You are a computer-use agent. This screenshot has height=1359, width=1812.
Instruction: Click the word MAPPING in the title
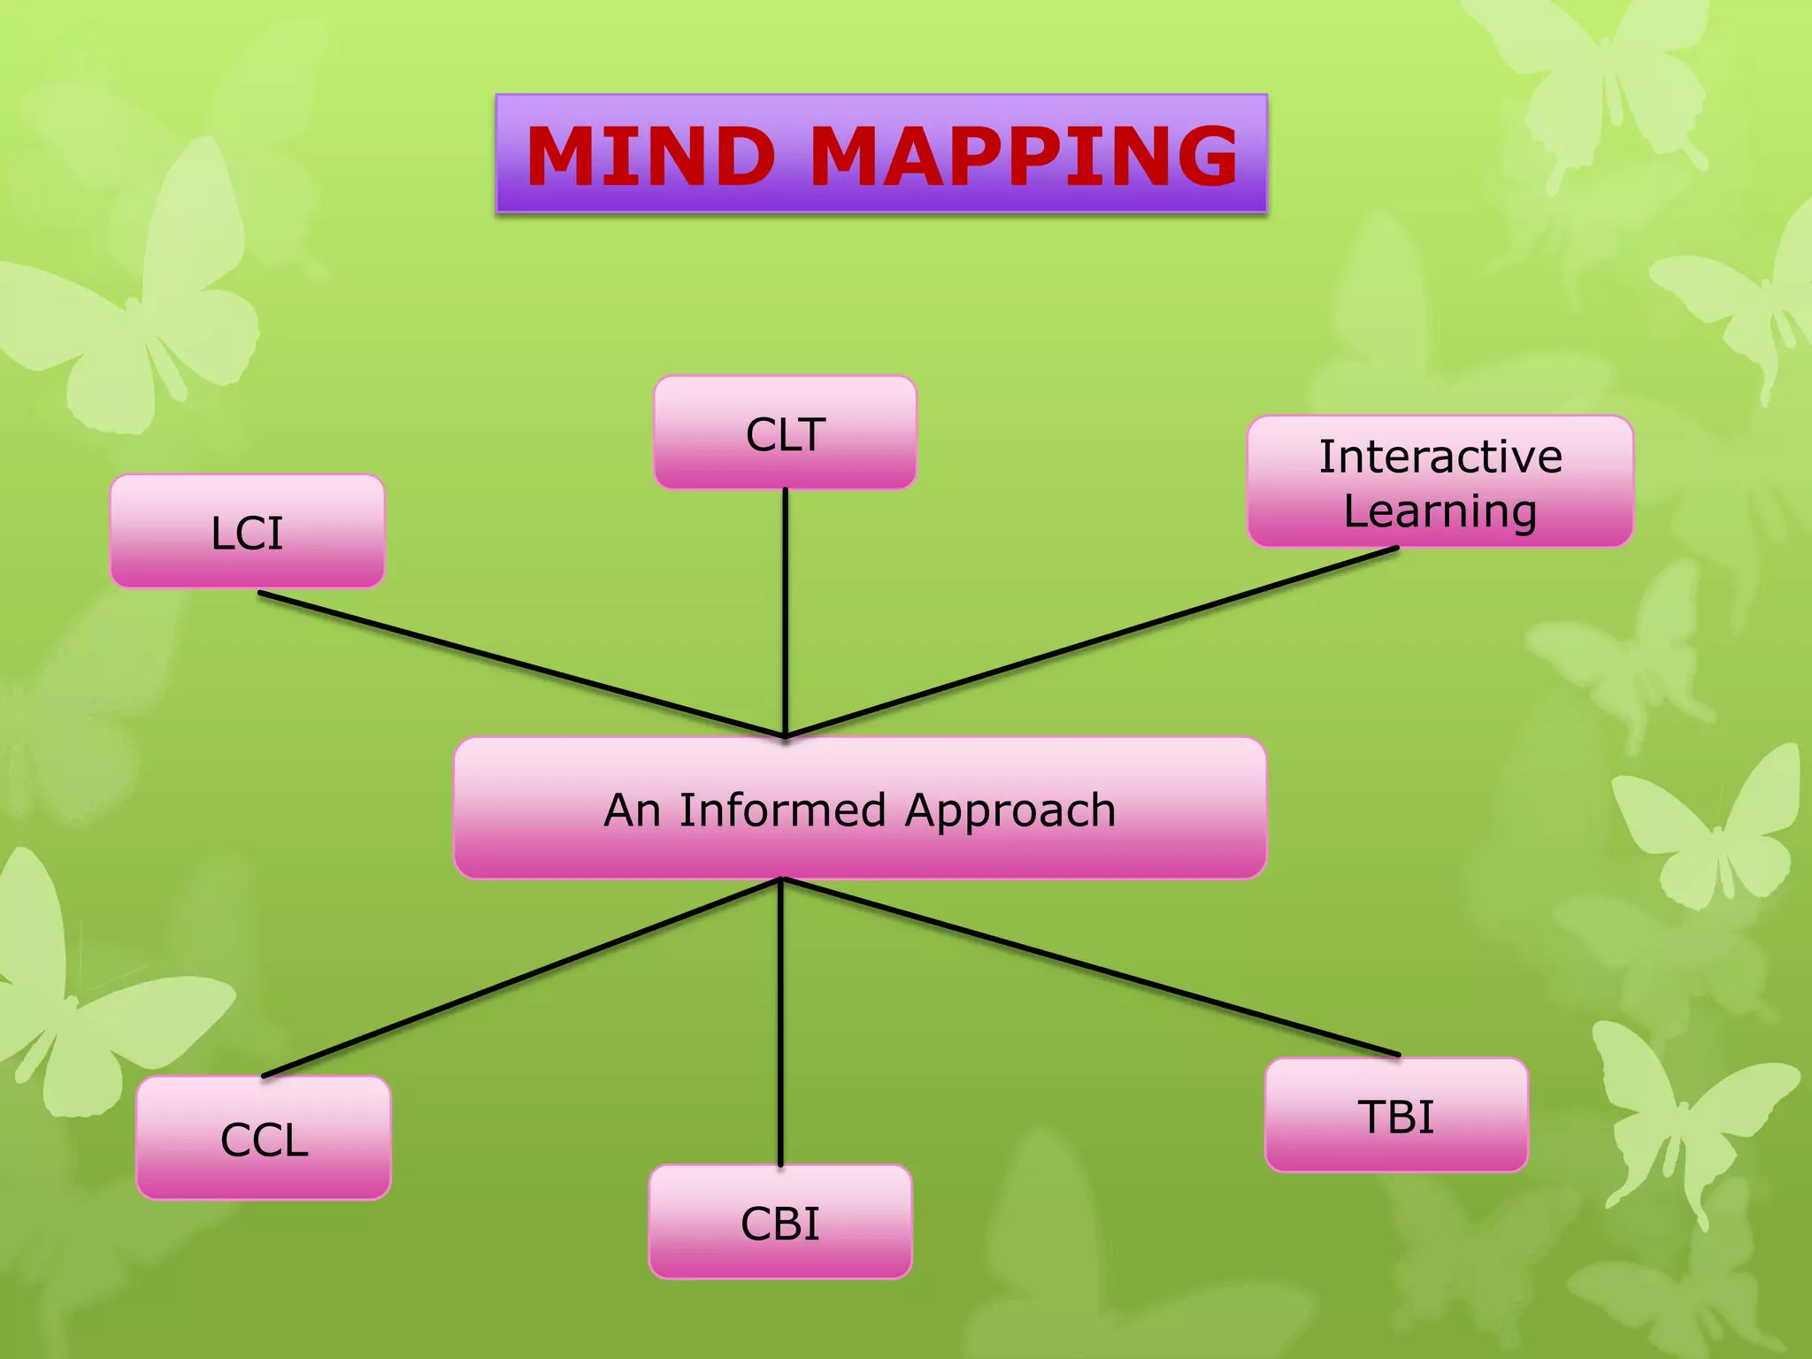pos(1024,157)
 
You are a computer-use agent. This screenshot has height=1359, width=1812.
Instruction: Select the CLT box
pos(785,433)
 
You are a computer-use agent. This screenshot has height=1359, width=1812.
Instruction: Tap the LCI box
pos(247,532)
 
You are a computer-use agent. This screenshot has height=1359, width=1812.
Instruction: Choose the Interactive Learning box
pos(1440,482)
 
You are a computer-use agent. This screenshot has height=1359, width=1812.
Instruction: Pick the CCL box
pos(264,1139)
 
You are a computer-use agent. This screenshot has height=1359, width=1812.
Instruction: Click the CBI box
pos(779,1223)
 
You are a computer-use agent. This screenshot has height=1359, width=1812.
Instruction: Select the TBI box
pos(1396,1116)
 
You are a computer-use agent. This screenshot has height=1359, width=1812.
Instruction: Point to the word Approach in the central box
pos(1010,811)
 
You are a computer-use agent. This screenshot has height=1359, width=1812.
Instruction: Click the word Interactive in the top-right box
pos(1440,457)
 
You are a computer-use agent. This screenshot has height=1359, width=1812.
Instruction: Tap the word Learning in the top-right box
pos(1440,511)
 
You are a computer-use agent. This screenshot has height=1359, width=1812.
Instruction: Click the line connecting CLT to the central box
pos(785,610)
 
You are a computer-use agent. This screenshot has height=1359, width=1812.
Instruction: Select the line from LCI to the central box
pos(522,664)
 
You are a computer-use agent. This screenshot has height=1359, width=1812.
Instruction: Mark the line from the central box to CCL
pos(522,978)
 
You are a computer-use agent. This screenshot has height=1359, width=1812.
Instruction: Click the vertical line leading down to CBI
pos(780,1022)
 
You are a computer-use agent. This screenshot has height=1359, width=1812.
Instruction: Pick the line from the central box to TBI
pos(1090,967)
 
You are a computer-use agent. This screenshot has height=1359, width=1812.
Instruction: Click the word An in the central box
pos(632,810)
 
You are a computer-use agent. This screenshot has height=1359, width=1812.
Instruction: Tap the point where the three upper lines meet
pos(785,735)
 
